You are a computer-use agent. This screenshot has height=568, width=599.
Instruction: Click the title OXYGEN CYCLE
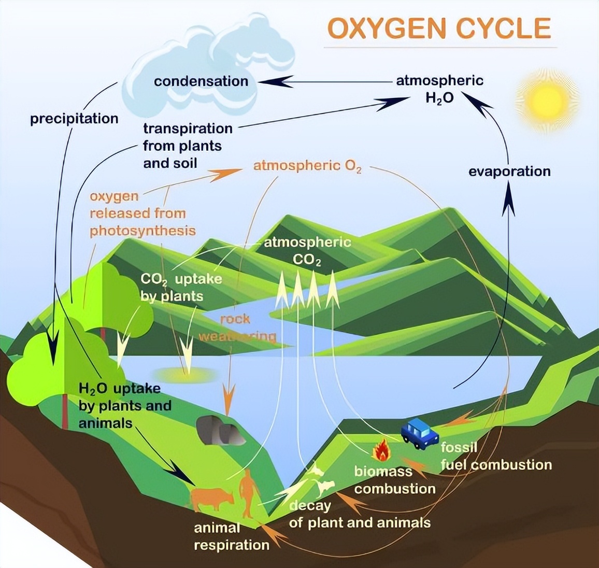[439, 28]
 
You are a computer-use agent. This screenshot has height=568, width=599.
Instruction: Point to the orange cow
[211, 498]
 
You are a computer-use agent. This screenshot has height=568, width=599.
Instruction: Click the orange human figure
[248, 492]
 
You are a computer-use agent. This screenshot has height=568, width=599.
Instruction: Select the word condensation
[201, 81]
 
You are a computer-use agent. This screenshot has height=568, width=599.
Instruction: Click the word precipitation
[74, 119]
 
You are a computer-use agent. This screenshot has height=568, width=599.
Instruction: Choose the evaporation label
[509, 172]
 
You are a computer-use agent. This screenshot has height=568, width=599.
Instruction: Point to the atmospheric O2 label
[307, 166]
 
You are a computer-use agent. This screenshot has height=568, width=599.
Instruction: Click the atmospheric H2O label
[439, 89]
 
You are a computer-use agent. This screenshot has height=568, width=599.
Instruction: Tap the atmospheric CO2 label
[307, 250]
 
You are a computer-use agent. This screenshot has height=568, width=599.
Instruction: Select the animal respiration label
[231, 536]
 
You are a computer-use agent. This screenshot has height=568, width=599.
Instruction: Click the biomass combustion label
[394, 480]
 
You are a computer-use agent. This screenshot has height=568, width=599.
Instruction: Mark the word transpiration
[188, 128]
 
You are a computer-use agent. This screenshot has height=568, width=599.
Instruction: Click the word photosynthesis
[142, 231]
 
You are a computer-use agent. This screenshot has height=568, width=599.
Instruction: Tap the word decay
[310, 506]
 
